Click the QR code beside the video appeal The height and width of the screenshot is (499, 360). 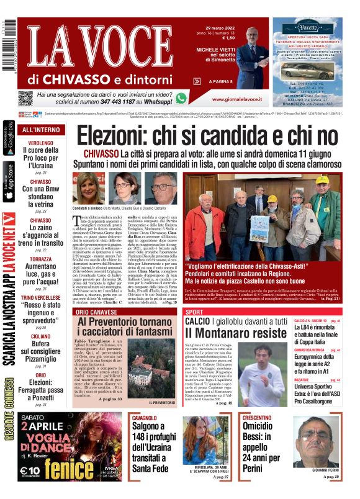(x=25, y=98)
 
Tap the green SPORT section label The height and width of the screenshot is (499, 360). (x=194, y=311)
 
